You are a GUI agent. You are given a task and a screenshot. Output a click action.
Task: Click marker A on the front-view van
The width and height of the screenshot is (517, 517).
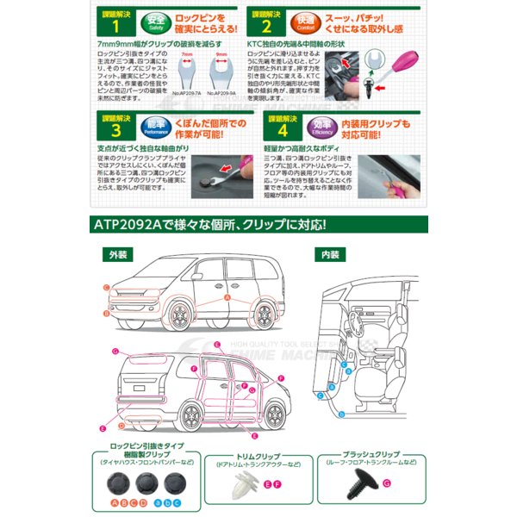(x=226, y=296)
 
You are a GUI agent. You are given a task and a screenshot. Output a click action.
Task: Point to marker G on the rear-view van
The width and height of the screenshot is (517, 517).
(x=115, y=352)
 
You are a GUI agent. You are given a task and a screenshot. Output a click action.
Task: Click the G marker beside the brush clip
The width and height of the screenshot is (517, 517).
(x=386, y=485)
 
